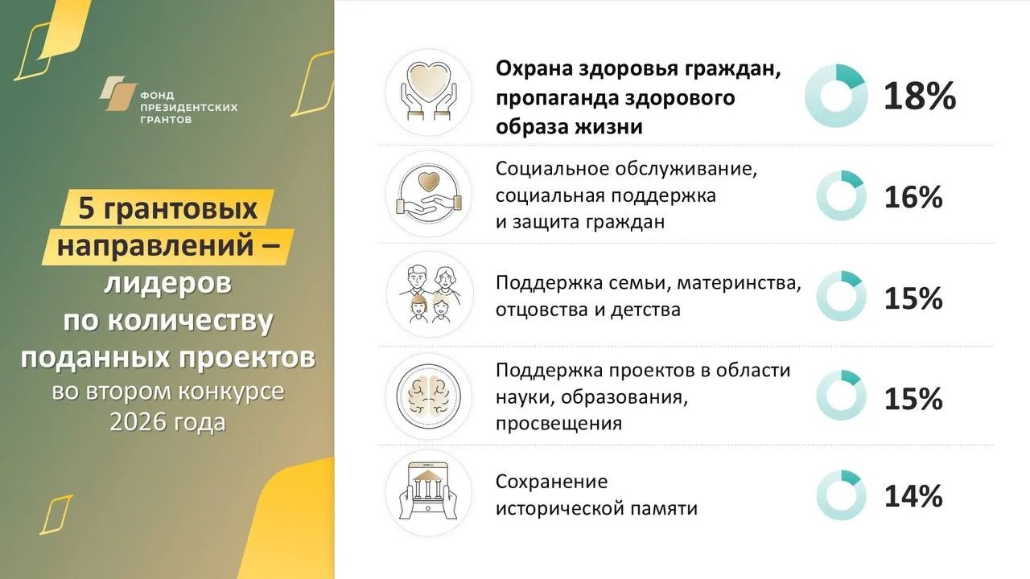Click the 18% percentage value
click(x=920, y=96)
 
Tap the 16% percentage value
click(x=913, y=197)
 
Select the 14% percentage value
click(x=913, y=496)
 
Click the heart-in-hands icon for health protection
click(x=429, y=92)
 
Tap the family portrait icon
click(x=430, y=294)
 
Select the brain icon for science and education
click(x=429, y=396)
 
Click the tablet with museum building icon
click(x=429, y=493)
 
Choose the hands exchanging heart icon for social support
click(x=429, y=194)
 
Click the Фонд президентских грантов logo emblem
click(x=118, y=93)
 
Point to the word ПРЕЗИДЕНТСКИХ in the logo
click(x=189, y=108)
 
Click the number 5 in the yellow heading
click(x=86, y=208)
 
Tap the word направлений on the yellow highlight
click(x=155, y=245)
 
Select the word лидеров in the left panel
click(x=168, y=283)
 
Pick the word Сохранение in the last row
click(x=552, y=482)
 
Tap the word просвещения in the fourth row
click(x=558, y=424)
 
